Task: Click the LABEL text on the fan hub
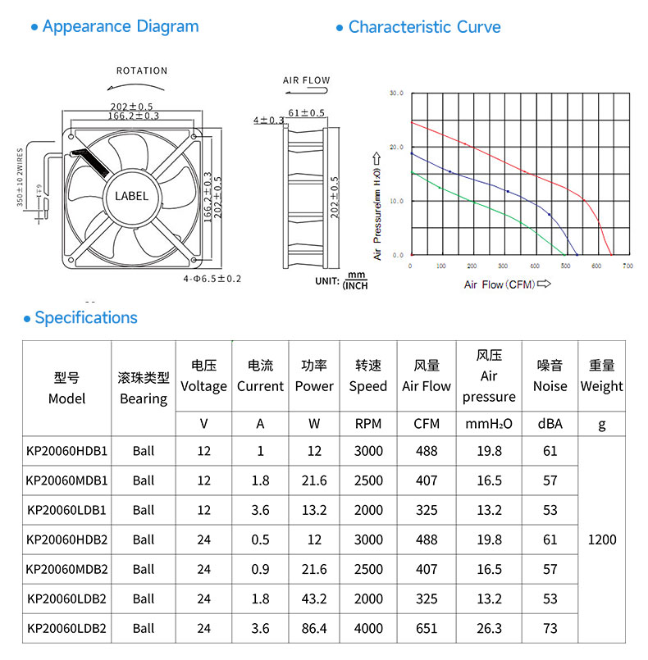click(131, 196)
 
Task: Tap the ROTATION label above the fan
click(142, 71)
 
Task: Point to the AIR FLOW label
click(306, 80)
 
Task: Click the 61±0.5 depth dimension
click(306, 113)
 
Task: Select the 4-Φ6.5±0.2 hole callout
click(212, 279)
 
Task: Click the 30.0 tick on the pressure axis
click(396, 93)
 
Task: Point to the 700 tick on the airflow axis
click(627, 266)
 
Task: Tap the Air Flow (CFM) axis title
click(500, 284)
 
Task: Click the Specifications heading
click(86, 318)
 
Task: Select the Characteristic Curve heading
click(424, 27)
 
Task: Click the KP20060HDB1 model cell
click(66, 451)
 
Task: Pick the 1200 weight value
click(602, 539)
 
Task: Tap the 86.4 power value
click(314, 628)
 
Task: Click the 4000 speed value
click(368, 628)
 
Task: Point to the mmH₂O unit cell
click(489, 424)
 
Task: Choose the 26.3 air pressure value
click(489, 628)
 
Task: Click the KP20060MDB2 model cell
click(66, 569)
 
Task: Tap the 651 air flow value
click(427, 628)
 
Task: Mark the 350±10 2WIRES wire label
click(20, 177)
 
